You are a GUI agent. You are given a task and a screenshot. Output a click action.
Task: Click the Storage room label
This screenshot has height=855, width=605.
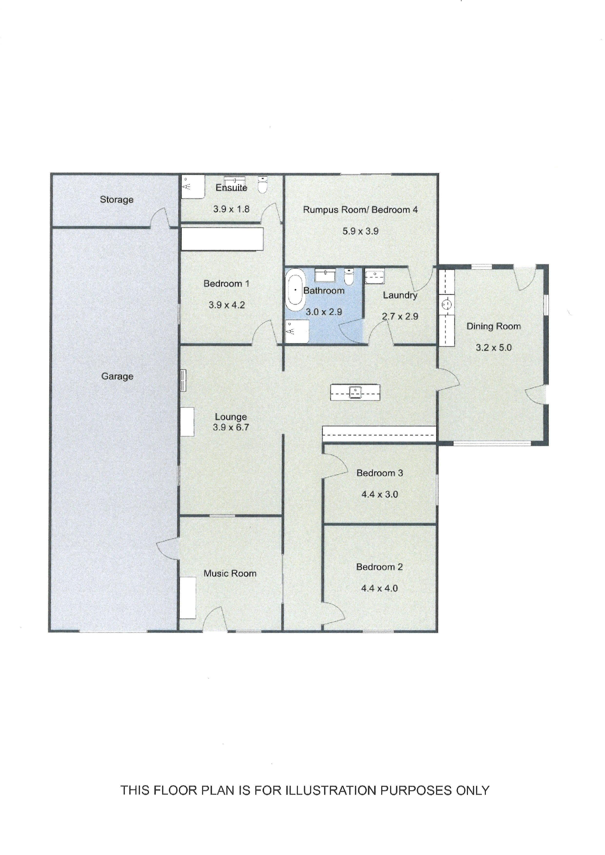tap(117, 200)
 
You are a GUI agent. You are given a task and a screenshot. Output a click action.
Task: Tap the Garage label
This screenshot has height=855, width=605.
tap(117, 376)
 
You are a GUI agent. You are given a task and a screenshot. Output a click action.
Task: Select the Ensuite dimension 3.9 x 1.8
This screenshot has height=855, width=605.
tap(231, 209)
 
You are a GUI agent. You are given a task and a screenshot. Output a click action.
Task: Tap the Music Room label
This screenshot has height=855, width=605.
tap(230, 573)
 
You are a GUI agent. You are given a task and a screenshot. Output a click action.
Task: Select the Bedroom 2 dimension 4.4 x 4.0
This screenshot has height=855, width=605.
tap(380, 589)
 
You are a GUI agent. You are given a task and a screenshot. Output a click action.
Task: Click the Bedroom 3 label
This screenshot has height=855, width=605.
tap(380, 473)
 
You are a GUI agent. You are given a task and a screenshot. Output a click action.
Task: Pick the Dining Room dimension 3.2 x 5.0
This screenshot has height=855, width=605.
tap(494, 348)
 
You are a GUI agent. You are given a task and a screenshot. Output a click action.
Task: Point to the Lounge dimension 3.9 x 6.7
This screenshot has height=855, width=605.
tap(231, 428)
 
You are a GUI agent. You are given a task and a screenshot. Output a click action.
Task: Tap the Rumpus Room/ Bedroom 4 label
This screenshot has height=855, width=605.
tap(360, 210)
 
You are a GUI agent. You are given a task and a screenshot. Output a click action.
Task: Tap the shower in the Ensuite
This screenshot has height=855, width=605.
tap(193, 187)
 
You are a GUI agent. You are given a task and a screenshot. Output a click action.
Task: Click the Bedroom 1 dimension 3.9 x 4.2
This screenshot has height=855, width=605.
tap(226, 305)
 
